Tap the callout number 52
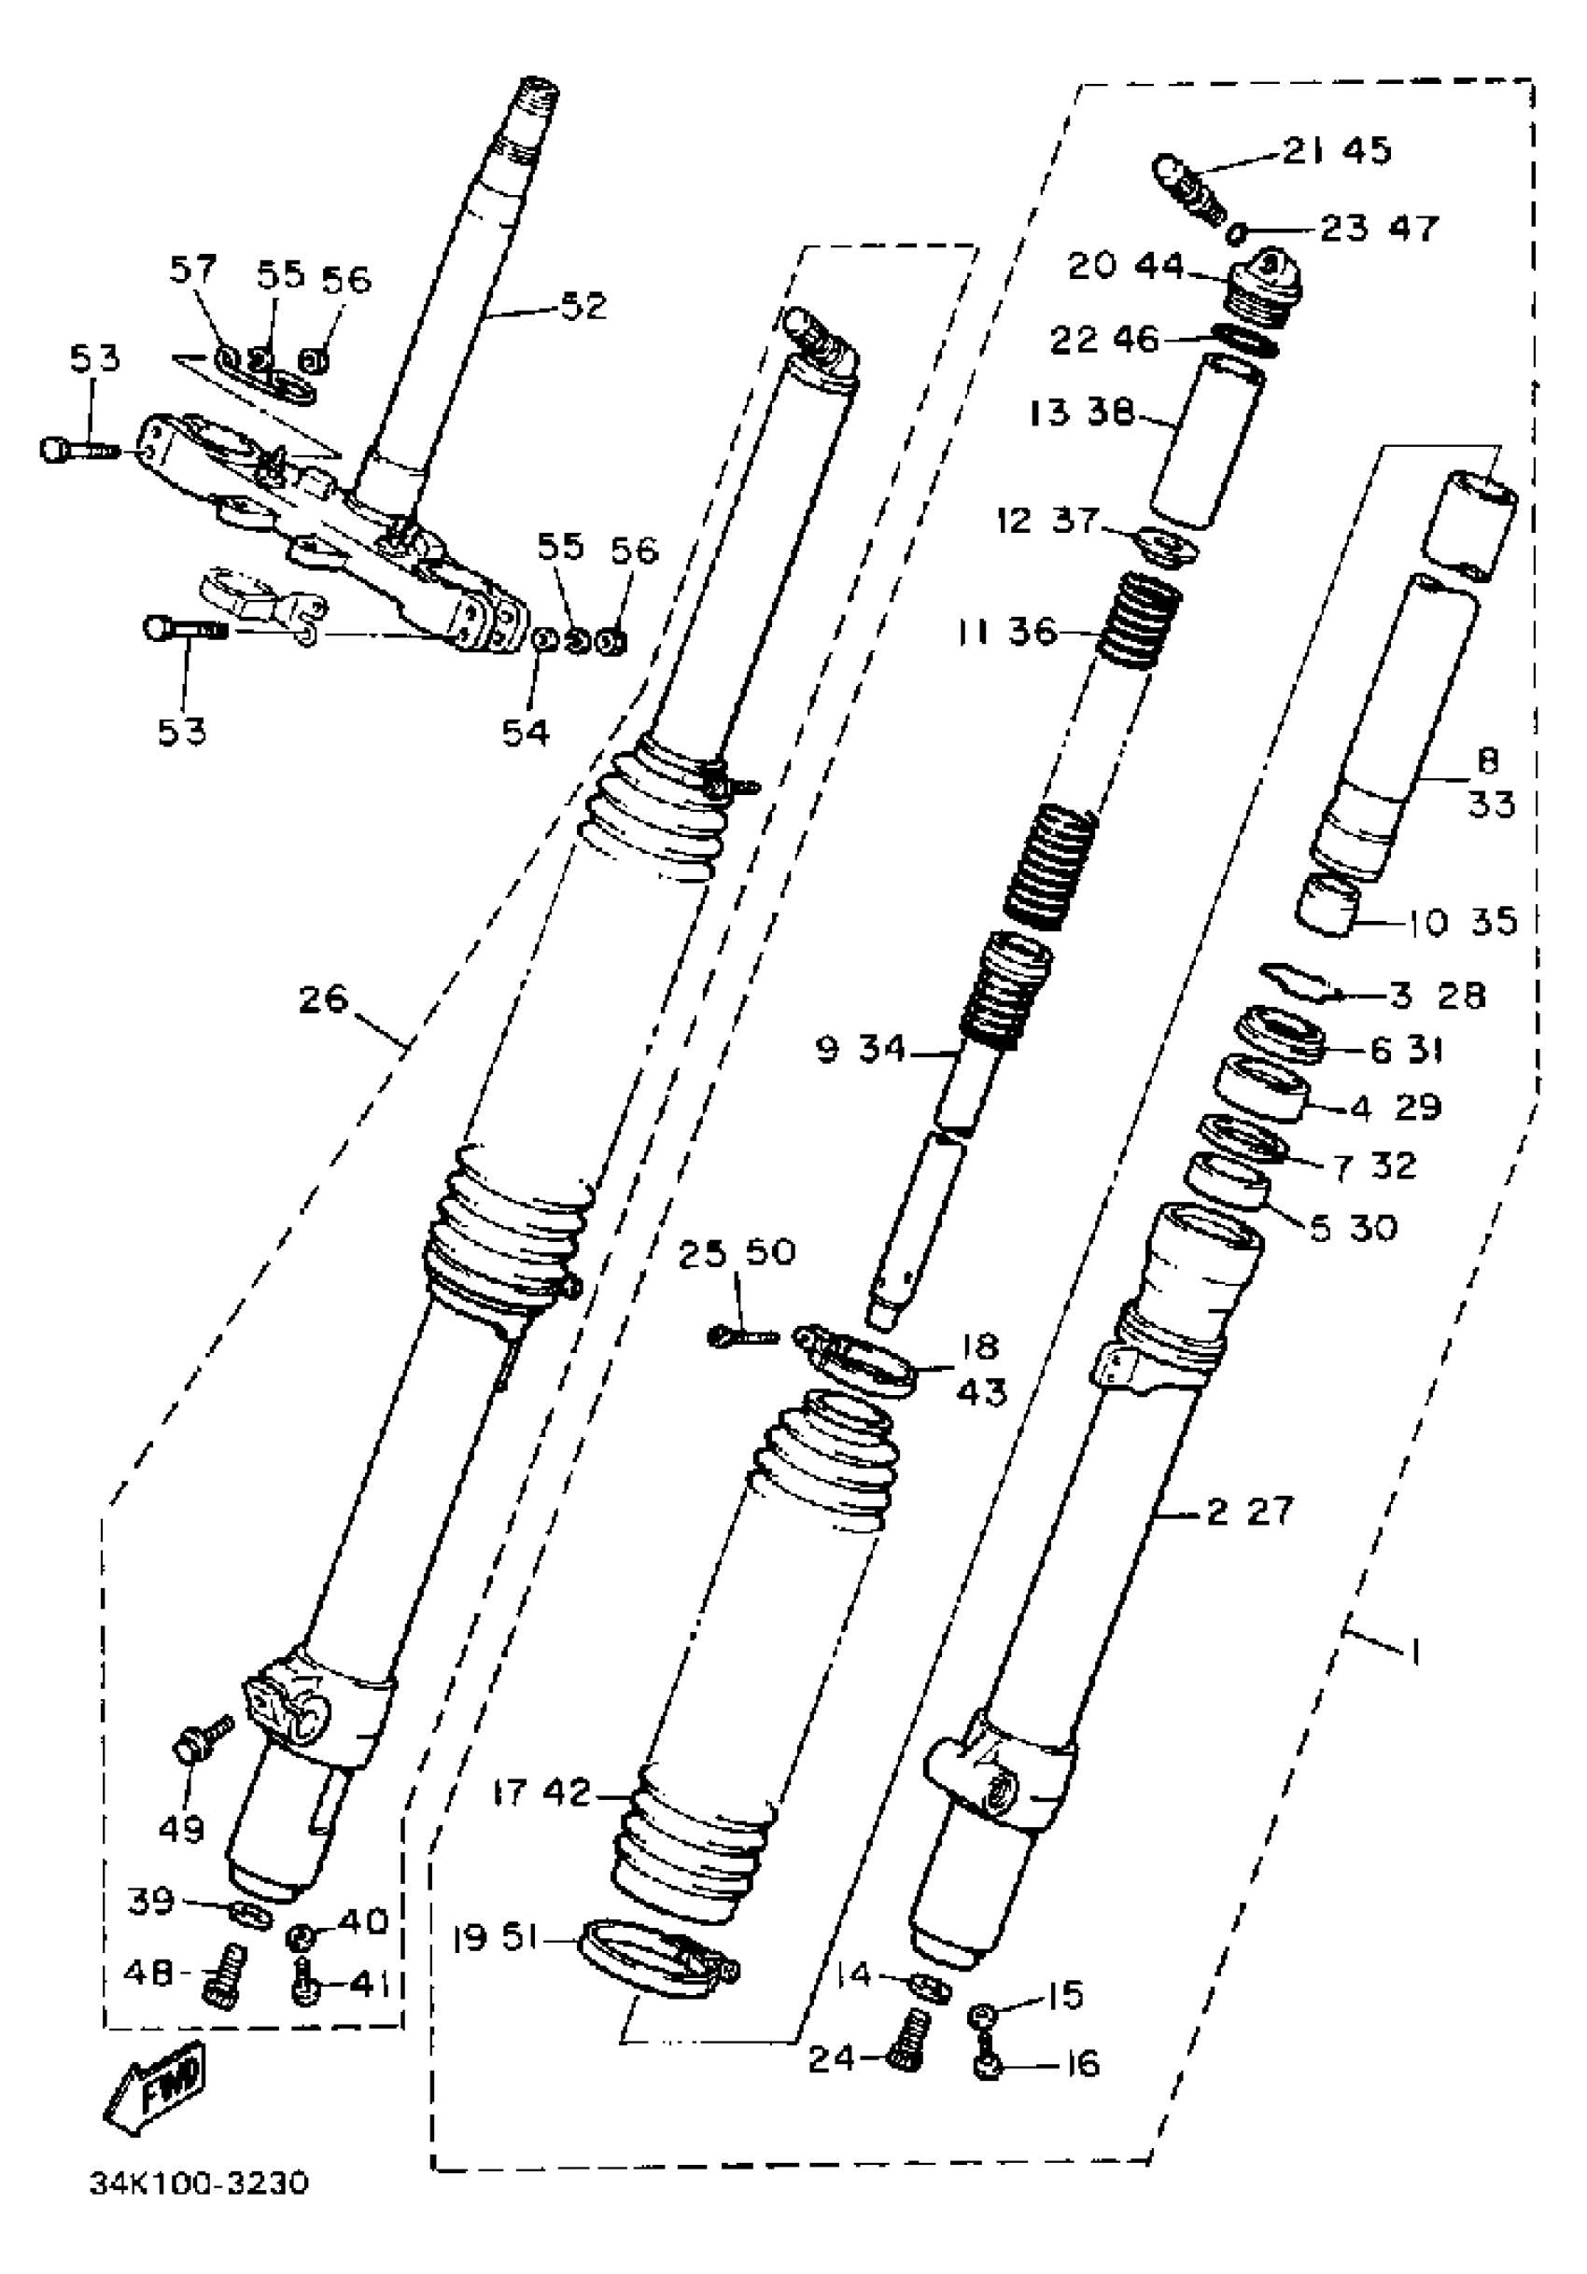tap(583, 305)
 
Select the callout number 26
tap(324, 999)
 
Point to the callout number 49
tap(181, 1829)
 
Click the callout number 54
tap(525, 732)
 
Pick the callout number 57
tap(192, 269)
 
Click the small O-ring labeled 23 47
tap(1234, 232)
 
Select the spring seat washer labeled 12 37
tap(1165, 547)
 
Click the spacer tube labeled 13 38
tap(1208, 440)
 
